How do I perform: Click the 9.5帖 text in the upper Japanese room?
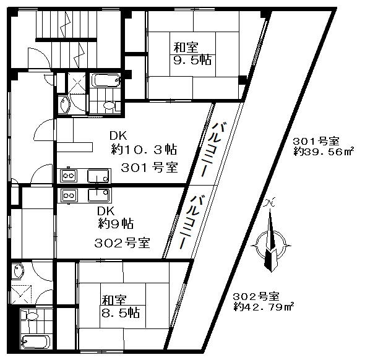(193, 60)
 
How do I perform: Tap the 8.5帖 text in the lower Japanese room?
(121, 312)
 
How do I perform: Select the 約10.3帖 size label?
(144, 150)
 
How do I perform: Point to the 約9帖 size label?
(116, 223)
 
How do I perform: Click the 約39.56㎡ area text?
(324, 152)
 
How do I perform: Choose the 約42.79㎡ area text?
(264, 307)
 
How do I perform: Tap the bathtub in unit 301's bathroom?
(105, 80)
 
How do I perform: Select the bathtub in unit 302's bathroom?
(35, 341)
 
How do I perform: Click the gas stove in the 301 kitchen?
(69, 176)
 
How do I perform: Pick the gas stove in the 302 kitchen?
(69, 195)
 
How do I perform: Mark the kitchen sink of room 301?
(98, 176)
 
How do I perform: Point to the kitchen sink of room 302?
(99, 195)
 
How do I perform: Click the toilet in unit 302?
(31, 316)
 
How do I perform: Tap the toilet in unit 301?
(108, 105)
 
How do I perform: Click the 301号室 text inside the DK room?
(149, 167)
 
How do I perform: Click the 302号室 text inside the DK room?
(122, 243)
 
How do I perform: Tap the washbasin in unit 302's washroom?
(19, 272)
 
